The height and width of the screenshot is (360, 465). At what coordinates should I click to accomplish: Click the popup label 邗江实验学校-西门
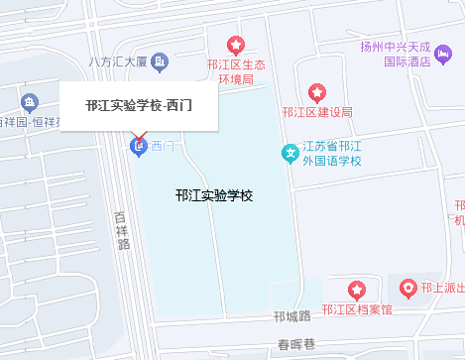[x=139, y=105]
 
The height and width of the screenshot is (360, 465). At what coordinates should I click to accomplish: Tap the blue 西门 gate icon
[x=139, y=148]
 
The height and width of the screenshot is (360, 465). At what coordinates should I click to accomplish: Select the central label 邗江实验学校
[x=213, y=195]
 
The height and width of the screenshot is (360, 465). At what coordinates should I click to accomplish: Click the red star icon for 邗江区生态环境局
[x=236, y=45]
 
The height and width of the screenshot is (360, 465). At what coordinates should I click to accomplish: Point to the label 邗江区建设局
[x=317, y=112]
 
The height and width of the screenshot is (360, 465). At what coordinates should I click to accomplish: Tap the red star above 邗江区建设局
[x=317, y=93]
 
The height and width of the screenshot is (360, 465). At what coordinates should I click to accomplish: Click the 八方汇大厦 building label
[x=118, y=61]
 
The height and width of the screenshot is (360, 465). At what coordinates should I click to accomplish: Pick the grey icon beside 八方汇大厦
[x=159, y=61]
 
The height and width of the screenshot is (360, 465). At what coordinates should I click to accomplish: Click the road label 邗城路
[x=292, y=316]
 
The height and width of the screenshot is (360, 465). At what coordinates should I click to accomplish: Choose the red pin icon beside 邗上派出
[x=408, y=288]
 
